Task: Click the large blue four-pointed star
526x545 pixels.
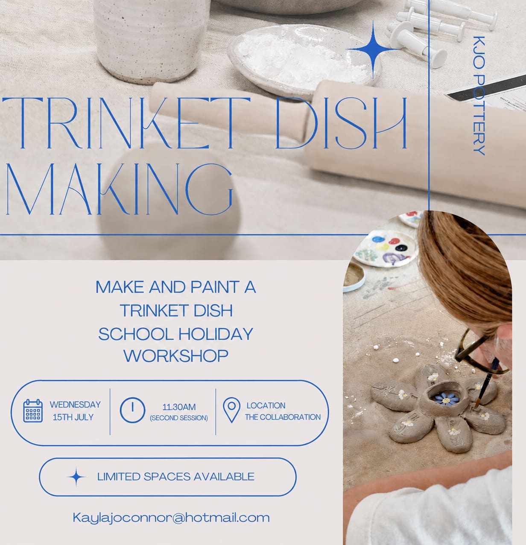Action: click(373, 49)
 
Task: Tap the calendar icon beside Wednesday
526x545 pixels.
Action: click(33, 411)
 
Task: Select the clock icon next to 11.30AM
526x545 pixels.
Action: click(132, 410)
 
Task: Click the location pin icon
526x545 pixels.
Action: click(232, 410)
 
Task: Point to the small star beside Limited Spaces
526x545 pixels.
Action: click(76, 477)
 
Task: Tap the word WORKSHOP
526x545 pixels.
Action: click(176, 356)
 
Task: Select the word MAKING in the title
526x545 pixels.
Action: click(119, 189)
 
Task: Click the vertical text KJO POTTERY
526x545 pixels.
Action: click(479, 96)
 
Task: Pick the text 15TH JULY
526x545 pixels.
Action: click(73, 417)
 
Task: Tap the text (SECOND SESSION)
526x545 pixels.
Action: click(179, 418)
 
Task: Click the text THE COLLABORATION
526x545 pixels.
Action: click(283, 417)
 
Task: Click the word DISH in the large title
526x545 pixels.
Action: click(342, 123)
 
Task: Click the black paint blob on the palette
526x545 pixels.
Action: click(401, 248)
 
